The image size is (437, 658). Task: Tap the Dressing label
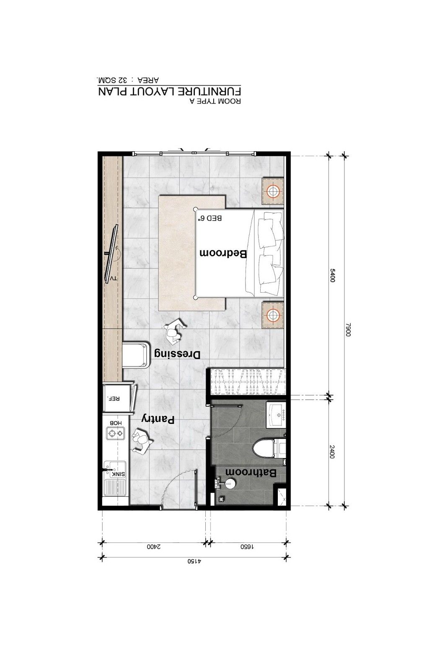(177, 354)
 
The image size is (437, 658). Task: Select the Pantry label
(158, 420)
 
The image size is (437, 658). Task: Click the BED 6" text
(210, 218)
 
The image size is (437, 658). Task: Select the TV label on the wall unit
(113, 279)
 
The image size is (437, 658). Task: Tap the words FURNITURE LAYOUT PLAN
(169, 91)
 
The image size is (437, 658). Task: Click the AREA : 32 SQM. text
(128, 80)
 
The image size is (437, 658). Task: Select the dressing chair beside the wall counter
(136, 354)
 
